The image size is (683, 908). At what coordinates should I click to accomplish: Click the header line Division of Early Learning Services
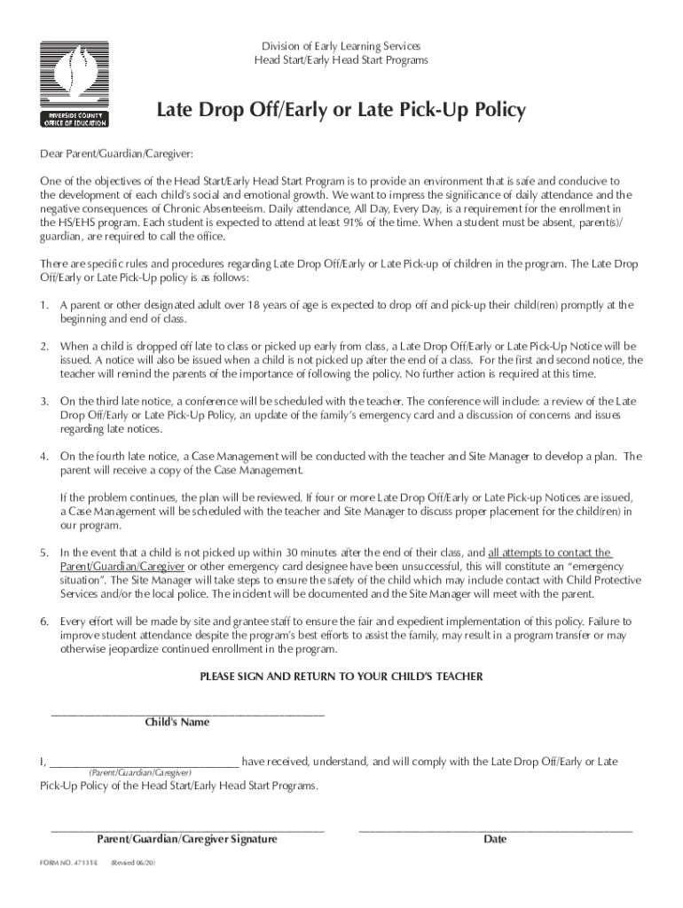tap(341, 46)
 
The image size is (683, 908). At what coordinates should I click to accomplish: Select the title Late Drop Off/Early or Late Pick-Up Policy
tap(341, 111)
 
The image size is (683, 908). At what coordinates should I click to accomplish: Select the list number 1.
tap(43, 305)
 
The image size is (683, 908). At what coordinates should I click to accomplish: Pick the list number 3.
tap(43, 401)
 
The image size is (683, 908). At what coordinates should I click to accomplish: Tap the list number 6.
tap(43, 621)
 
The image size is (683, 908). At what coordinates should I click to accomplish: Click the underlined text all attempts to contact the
tap(549, 552)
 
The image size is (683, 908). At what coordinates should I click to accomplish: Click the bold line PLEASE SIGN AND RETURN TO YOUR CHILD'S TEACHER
tap(341, 677)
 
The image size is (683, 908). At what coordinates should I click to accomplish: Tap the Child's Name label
tap(177, 723)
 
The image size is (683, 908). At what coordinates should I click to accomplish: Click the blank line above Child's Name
tap(188, 713)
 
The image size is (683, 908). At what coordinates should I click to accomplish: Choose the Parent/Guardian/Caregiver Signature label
tap(187, 840)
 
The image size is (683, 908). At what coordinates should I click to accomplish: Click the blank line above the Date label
tap(495, 830)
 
